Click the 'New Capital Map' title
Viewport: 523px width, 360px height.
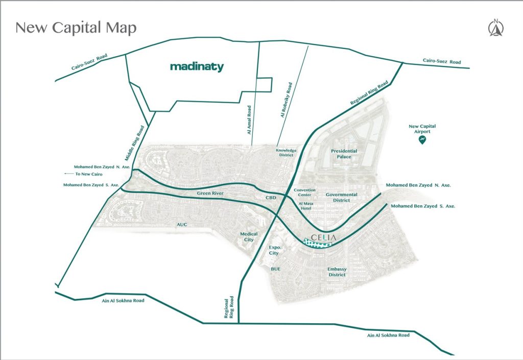(x=76, y=28)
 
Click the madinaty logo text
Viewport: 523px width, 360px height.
(x=197, y=66)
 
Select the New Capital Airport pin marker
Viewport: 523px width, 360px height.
(x=422, y=139)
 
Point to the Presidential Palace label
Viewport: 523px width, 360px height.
(x=344, y=154)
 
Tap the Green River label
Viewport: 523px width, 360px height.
(x=211, y=194)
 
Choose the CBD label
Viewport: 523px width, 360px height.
(x=271, y=197)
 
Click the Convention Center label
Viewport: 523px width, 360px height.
(x=305, y=193)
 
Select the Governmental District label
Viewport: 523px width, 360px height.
(x=342, y=197)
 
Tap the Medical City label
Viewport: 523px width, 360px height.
(x=249, y=236)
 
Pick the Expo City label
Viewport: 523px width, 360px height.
(x=274, y=250)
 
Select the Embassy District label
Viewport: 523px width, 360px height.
(x=337, y=272)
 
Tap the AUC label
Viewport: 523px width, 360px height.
(x=182, y=225)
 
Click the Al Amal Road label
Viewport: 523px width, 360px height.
(x=249, y=119)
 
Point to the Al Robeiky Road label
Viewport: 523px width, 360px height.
(x=286, y=100)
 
